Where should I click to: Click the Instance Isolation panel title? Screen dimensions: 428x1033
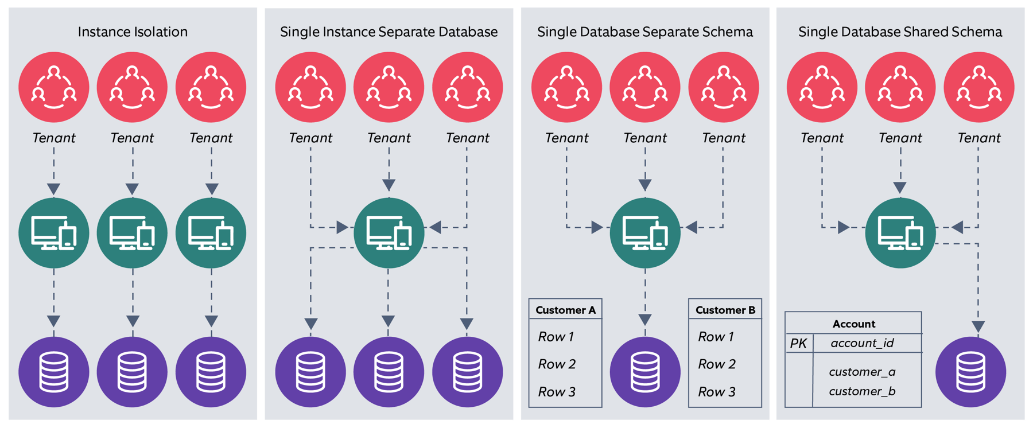(133, 32)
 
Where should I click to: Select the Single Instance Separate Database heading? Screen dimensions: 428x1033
(389, 32)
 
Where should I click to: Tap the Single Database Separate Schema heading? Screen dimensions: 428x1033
(644, 32)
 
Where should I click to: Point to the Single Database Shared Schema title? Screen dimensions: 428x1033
(900, 32)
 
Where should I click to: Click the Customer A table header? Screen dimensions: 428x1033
(565, 310)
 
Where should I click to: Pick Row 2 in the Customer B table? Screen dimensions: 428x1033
(717, 364)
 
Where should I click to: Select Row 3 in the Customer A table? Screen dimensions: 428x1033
(556, 392)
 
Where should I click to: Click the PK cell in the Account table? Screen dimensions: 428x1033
(798, 343)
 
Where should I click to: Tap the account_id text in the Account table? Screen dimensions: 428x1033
(862, 343)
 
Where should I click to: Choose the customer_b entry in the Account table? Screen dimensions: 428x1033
(862, 391)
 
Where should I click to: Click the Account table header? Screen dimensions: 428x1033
(853, 324)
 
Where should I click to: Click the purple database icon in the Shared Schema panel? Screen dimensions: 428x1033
(970, 372)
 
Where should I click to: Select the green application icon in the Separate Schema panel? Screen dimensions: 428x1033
(645, 233)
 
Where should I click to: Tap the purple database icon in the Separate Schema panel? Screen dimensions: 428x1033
(645, 372)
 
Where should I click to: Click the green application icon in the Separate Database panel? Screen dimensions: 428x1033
(389, 233)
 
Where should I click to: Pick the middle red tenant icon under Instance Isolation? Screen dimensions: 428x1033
(133, 87)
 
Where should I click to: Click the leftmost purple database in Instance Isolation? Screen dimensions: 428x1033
(54, 372)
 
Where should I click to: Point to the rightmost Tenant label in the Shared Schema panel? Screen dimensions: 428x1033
(978, 138)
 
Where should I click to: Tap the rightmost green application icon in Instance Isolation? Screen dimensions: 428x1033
(211, 233)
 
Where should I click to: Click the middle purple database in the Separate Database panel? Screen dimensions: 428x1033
(389, 372)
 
